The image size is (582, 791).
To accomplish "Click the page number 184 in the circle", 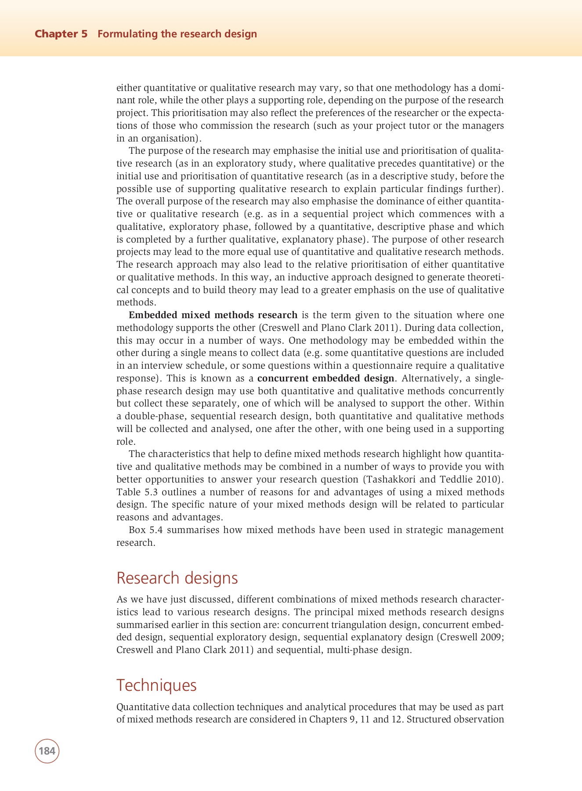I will click(47, 751).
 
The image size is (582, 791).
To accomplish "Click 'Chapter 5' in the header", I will click(61, 34).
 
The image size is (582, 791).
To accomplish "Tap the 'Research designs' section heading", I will click(177, 578).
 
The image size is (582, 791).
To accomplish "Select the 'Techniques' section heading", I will click(156, 685).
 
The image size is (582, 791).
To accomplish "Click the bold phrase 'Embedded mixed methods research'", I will click(213, 315).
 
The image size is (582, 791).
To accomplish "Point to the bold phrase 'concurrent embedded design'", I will click(325, 378).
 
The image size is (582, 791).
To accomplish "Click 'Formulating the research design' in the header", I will click(177, 34).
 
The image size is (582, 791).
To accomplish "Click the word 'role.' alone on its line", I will click(126, 442).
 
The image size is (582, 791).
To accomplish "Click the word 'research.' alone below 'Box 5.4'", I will click(136, 543).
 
